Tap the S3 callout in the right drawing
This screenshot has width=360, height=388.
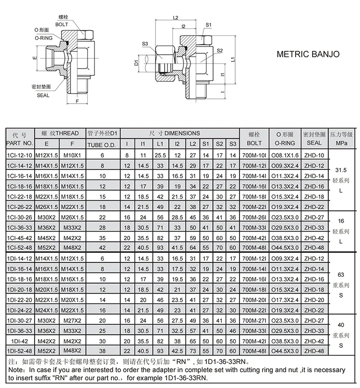[145, 44]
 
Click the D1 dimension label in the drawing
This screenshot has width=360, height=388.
[136, 62]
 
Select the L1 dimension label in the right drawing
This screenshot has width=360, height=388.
[232, 59]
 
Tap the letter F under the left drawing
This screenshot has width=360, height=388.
[77, 102]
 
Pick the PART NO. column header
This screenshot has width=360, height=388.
[20, 143]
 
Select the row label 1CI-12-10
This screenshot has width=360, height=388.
[20, 155]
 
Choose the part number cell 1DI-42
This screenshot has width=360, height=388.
[20, 341]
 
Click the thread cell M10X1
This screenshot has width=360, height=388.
[72, 155]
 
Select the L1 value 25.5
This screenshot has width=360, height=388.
[160, 155]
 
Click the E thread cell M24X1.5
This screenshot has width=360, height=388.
[46, 310]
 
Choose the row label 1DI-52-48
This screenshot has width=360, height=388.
[20, 352]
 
